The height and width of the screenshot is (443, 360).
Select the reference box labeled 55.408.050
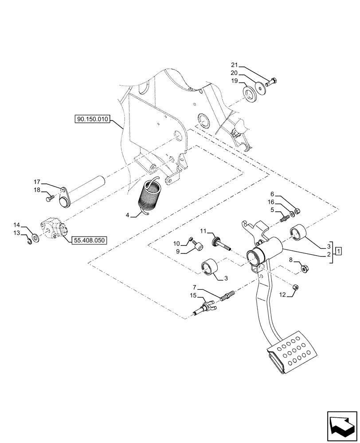coord(88,240)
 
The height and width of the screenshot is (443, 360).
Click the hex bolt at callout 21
coord(272,82)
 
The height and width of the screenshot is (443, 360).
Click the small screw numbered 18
coord(49,199)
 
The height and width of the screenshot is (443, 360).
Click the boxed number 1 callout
coord(339,251)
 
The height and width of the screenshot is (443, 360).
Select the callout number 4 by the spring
coord(128,216)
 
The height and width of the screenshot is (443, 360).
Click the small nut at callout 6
coord(297,210)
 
